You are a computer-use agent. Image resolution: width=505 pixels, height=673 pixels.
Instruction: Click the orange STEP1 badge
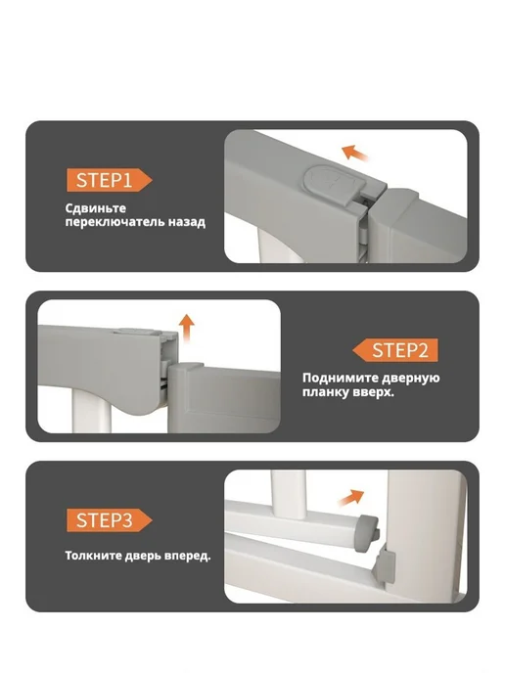pos(109,180)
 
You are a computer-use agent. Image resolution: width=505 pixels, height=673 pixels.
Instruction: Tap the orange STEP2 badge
pos(395,350)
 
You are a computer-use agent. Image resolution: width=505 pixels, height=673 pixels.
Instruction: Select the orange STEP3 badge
pos(109,520)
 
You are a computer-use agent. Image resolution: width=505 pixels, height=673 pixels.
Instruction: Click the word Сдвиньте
pos(96,208)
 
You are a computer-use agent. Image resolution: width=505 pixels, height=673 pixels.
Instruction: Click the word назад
pos(187,222)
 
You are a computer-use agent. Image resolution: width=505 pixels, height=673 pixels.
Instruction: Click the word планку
pos(323,392)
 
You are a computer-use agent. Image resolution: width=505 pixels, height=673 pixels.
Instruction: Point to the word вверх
pos(370,392)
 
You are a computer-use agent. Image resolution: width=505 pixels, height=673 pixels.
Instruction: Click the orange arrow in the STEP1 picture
pos(354,154)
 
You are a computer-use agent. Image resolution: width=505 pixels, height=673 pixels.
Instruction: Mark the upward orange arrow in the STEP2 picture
pos(186,329)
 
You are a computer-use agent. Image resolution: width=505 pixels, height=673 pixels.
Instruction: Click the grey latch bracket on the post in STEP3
pos(385,567)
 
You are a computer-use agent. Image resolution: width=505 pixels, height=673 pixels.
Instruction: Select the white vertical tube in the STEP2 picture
pos(91,409)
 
